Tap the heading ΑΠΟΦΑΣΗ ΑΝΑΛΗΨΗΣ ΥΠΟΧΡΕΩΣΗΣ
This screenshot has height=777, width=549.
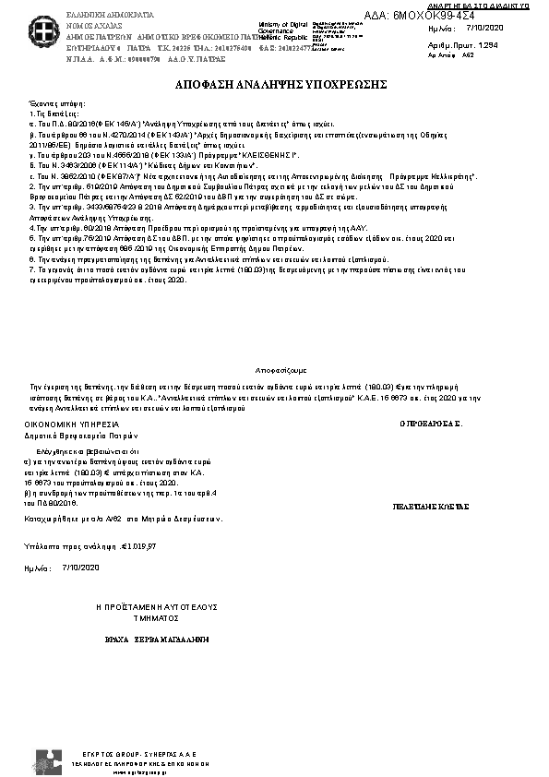tap(274, 84)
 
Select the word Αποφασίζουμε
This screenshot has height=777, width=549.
tap(274, 365)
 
